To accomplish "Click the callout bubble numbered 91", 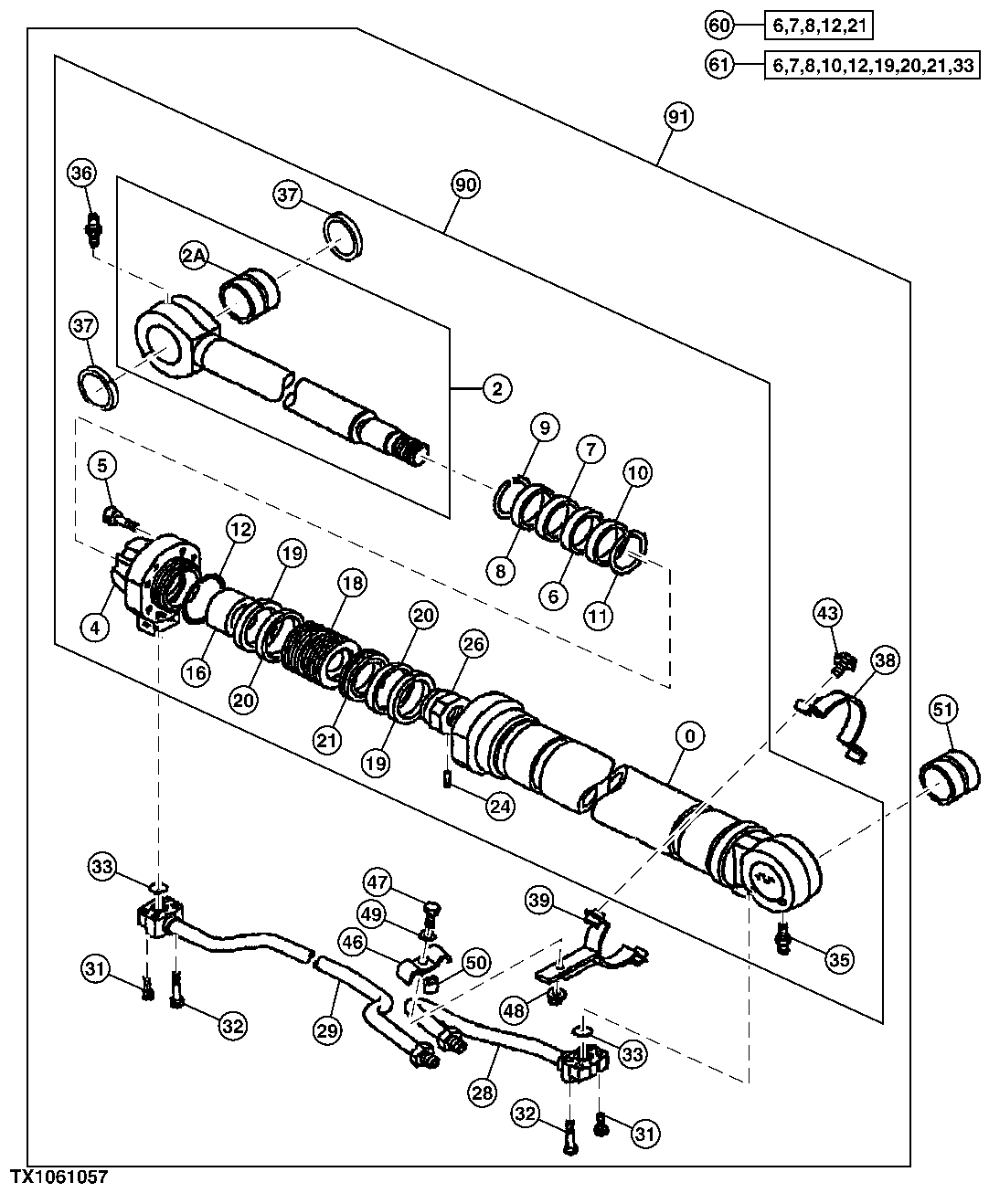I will point(679,117).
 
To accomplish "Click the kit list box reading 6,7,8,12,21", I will point(819,26).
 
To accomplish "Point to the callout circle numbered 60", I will point(719,26).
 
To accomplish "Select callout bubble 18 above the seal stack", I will point(352,582).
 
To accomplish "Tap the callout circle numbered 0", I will point(689,734).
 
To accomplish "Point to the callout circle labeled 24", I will point(501,806).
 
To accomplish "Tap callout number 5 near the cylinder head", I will point(102,466).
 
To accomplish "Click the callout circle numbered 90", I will point(466,185).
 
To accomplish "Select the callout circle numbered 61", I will point(719,64).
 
